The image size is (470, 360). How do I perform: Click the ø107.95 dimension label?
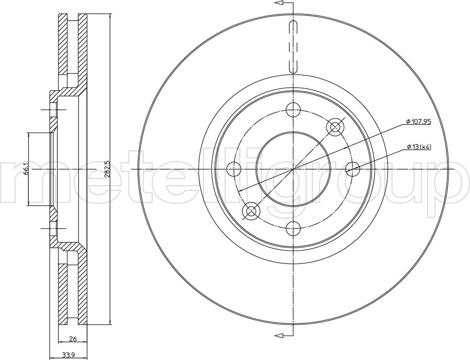418,121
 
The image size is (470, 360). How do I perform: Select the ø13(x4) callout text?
419,147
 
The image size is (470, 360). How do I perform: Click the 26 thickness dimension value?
73,339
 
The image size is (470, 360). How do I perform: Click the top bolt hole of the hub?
293,109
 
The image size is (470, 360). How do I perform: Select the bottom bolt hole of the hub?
293,229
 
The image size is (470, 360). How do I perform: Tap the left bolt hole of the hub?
234,169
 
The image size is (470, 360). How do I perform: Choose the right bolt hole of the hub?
353,169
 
